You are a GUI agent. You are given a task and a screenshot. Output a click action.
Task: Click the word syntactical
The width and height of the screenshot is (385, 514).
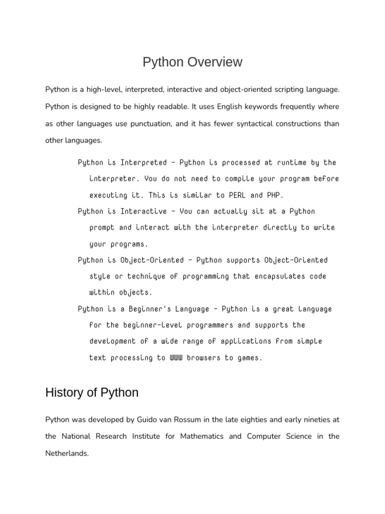(247, 123)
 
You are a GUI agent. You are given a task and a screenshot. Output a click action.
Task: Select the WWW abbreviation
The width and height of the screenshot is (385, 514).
(176, 358)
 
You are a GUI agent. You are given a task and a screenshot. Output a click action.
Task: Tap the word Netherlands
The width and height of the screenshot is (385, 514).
(67, 453)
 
